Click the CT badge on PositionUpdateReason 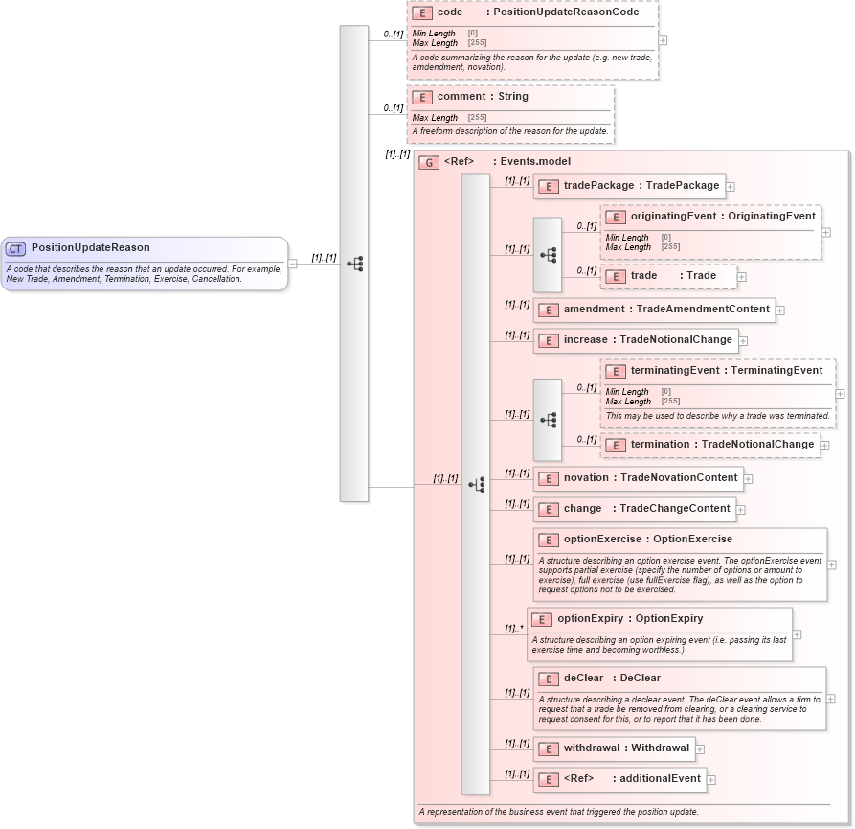(15, 248)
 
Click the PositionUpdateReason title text (90, 248)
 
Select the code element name (449, 12)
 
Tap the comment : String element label (483, 97)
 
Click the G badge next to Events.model (430, 162)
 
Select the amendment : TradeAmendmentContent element (654, 310)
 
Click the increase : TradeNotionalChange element (635, 340)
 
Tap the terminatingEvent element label (726, 371)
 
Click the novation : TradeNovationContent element (638, 478)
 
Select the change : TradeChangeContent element (634, 509)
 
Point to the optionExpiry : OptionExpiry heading (629, 619)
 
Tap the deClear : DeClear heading (612, 679)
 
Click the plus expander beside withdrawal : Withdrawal (701, 749)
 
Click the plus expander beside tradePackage (730, 187)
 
